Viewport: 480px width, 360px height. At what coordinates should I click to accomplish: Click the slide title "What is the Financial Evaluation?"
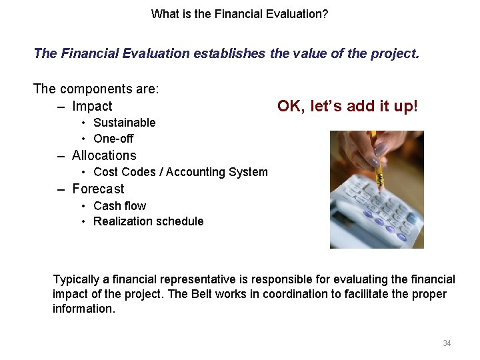(239, 13)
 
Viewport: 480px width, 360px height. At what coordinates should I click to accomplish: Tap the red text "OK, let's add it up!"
(347, 106)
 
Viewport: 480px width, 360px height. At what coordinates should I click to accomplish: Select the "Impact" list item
(92, 106)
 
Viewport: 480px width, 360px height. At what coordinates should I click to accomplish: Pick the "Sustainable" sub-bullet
(124, 123)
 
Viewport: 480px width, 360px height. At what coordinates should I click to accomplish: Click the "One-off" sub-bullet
(113, 139)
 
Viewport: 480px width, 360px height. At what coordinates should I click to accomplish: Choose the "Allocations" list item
(104, 155)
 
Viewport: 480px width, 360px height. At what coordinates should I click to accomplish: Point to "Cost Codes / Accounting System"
(180, 172)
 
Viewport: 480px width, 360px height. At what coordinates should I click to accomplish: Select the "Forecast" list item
(98, 189)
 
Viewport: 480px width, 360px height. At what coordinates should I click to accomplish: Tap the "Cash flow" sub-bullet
(119, 206)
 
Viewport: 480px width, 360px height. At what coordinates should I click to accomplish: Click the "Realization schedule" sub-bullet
(148, 221)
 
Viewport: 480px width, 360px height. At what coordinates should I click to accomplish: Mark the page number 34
(447, 343)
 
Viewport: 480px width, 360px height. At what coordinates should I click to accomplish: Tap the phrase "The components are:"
(96, 89)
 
